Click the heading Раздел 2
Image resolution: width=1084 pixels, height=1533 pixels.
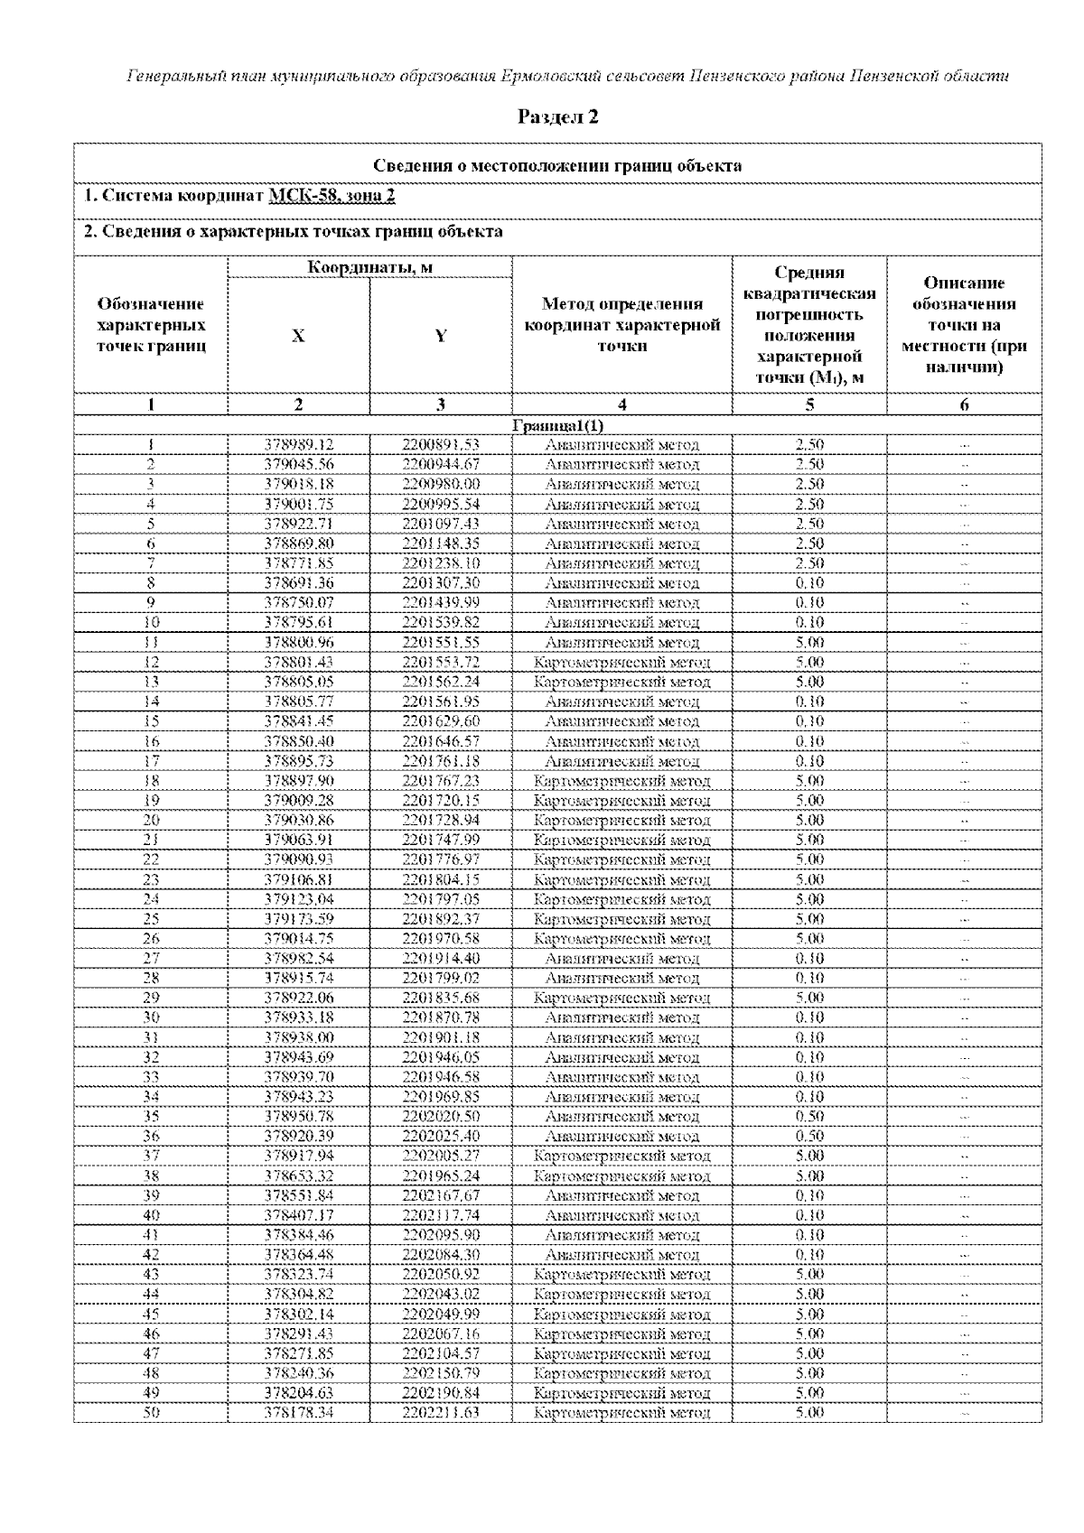coord(557,116)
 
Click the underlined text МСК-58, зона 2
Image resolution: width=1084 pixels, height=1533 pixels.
coord(332,196)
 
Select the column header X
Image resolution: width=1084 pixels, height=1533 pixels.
coord(298,336)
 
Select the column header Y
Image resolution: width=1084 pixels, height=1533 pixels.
coord(441,336)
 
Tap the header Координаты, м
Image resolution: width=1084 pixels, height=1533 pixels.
coord(369,267)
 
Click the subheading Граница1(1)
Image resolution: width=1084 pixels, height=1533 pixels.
coord(557,425)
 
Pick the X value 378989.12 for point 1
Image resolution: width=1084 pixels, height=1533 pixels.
coord(299,445)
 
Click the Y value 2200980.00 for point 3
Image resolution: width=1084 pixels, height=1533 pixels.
coord(441,484)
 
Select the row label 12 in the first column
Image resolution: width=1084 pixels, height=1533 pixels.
coord(151,663)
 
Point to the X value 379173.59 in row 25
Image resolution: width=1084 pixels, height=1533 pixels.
coord(299,919)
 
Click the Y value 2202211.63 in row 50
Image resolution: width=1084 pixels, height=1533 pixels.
coord(441,1413)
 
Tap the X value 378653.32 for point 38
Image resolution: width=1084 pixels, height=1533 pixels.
coord(299,1176)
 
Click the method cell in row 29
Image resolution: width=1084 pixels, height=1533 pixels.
coord(621,999)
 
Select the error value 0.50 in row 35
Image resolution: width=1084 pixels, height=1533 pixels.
coord(809,1117)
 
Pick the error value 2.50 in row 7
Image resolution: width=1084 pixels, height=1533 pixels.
coord(809,563)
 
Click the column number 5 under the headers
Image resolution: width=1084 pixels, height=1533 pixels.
coord(809,405)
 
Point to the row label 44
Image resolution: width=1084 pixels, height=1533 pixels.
coord(151,1295)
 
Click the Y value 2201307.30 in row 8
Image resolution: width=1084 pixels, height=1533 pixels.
coord(441,583)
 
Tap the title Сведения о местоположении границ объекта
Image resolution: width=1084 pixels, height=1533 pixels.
coord(557,165)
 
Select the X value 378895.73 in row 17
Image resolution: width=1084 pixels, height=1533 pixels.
coord(299,761)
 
